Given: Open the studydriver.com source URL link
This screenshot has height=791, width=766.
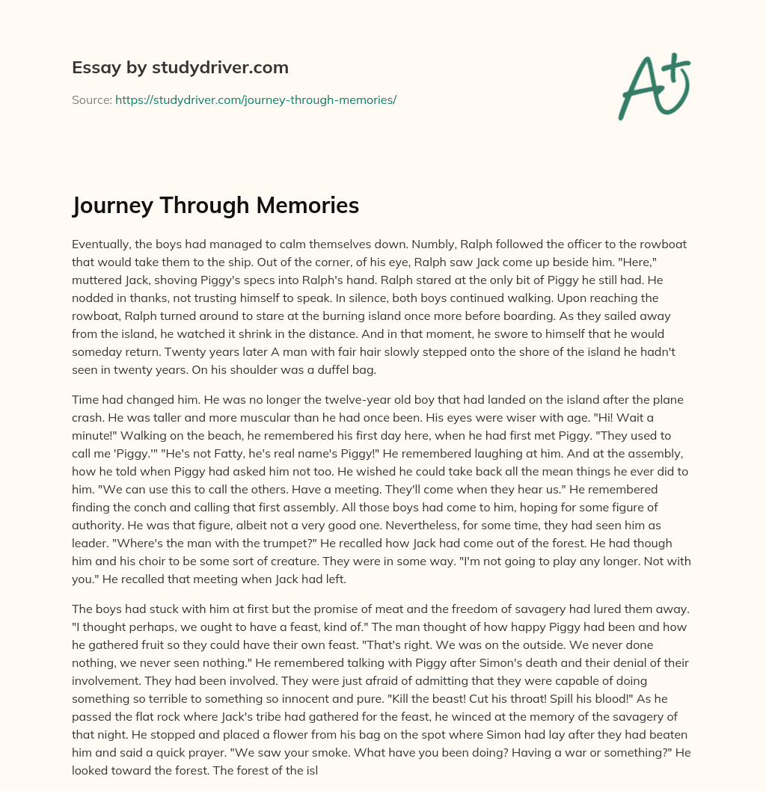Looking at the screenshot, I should [255, 99].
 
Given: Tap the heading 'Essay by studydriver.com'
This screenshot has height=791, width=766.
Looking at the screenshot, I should [180, 67].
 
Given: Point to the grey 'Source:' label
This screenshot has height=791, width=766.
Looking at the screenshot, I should [91, 99].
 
